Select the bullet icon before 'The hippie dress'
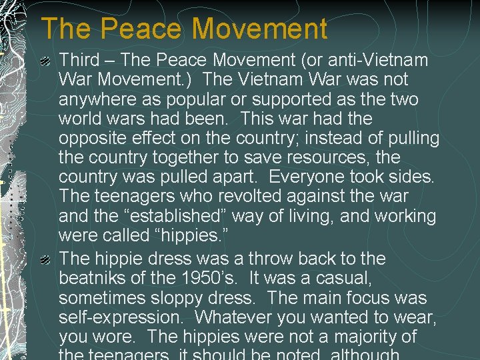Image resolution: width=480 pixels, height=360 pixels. coord(45,259)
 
